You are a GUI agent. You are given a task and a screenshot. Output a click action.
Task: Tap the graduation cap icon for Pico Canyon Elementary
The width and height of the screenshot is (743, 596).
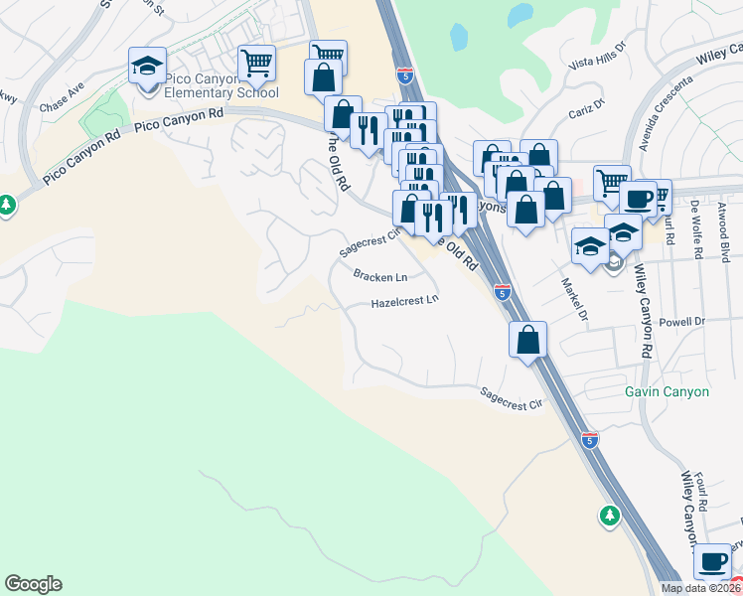[x=147, y=67]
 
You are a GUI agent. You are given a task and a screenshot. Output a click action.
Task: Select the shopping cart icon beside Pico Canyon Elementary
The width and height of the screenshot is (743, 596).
[x=256, y=63]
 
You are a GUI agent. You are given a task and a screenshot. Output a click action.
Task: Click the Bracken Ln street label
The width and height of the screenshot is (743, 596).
[x=380, y=277]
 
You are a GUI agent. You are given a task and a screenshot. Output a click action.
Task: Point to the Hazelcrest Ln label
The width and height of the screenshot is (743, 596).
[x=404, y=301]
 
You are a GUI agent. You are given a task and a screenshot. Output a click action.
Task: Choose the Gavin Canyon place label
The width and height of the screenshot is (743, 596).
[x=667, y=391]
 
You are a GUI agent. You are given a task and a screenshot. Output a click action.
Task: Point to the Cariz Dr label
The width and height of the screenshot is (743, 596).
[x=585, y=106]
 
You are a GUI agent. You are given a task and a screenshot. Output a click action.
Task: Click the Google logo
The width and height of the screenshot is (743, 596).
[x=33, y=583]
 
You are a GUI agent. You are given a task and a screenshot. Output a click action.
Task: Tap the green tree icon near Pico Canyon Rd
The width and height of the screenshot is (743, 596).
[x=8, y=205]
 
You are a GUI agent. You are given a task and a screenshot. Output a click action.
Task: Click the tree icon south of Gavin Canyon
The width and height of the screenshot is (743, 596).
[x=609, y=515]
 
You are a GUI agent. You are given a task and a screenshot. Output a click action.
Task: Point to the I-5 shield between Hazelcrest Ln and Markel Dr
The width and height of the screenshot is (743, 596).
[x=503, y=292]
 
